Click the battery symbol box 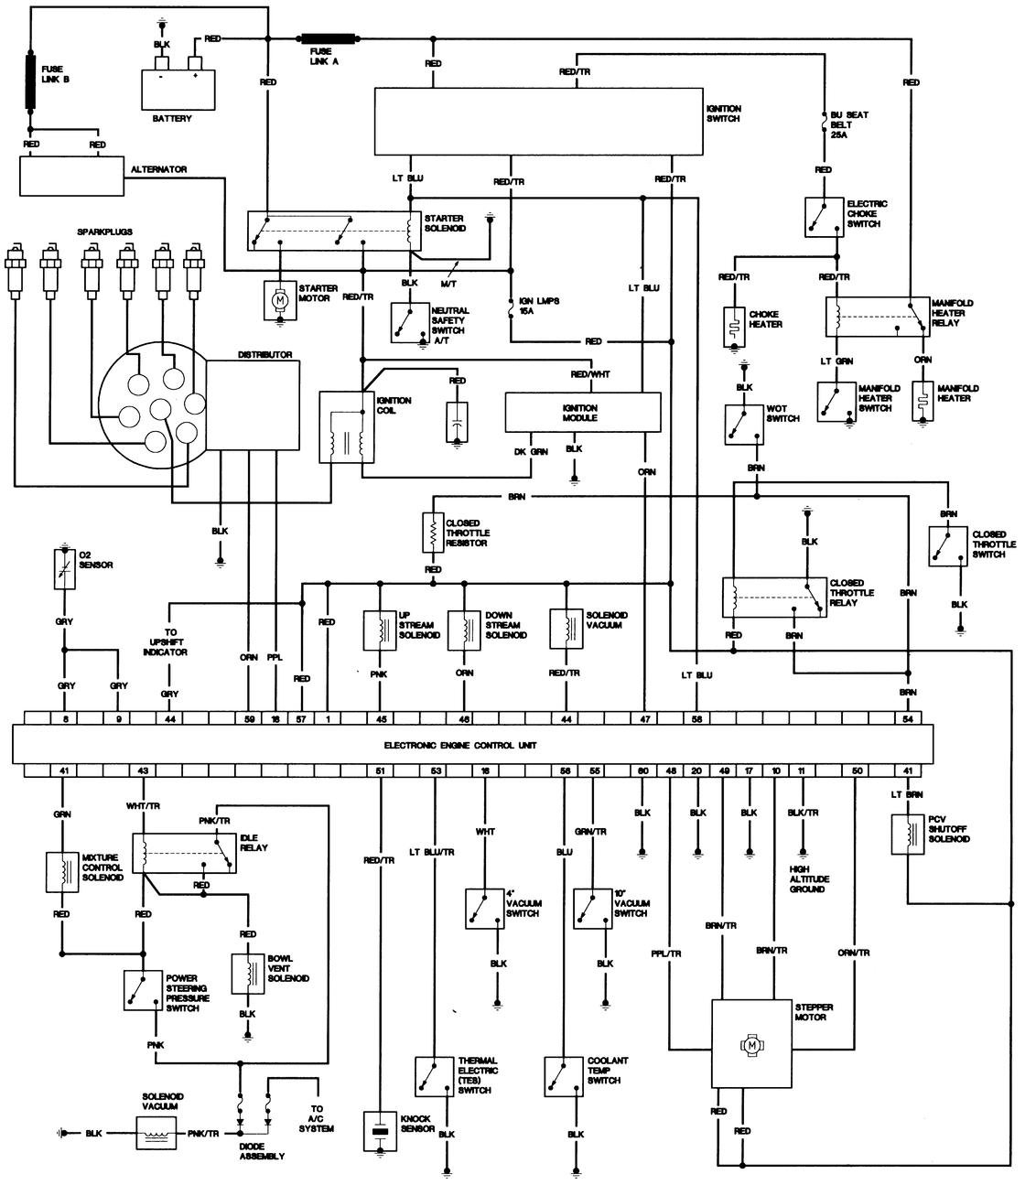[178, 90]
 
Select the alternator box [71, 176]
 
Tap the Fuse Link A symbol [329, 39]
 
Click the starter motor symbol [280, 300]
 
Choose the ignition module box [582, 412]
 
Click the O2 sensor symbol [64, 568]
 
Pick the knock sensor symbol [380, 1131]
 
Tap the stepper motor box [751, 1043]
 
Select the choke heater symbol [734, 327]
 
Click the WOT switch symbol [744, 425]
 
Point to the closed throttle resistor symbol [433, 533]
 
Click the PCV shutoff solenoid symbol [908, 835]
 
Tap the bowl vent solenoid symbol [248, 974]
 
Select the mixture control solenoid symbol [62, 872]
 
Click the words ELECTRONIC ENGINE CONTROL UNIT [460, 745]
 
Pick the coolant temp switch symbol [564, 1077]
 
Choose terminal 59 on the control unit [249, 718]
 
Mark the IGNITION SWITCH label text [724, 113]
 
